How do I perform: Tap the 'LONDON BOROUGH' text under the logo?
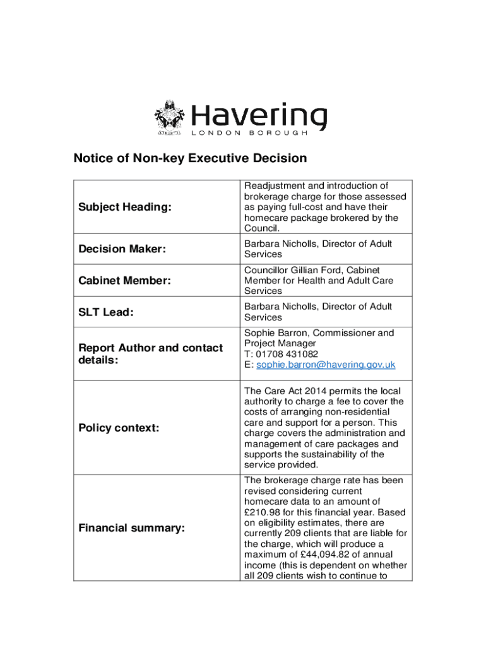pyautogui.click(x=249, y=134)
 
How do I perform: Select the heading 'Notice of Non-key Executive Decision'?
pyautogui.click(x=190, y=158)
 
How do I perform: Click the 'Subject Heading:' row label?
pyautogui.click(x=125, y=207)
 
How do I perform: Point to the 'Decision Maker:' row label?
pyautogui.click(x=122, y=249)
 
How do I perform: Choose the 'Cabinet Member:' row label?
pyautogui.click(x=125, y=281)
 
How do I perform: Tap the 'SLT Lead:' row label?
pyautogui.click(x=106, y=312)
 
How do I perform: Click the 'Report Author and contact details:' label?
pyautogui.click(x=150, y=354)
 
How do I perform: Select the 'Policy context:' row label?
pyautogui.click(x=119, y=428)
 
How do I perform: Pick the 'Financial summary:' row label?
pyautogui.click(x=131, y=528)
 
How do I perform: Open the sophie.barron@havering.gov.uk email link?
pyautogui.click(x=324, y=365)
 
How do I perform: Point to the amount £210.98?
pyautogui.click(x=262, y=512)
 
